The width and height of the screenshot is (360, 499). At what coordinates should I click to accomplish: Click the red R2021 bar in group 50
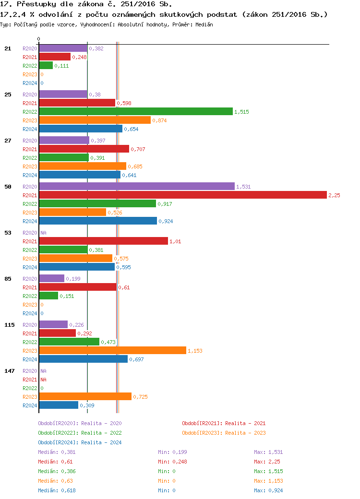(x=182, y=195)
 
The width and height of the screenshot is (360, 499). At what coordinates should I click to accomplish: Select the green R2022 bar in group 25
(x=135, y=111)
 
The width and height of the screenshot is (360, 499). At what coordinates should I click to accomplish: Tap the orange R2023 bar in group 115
(x=112, y=350)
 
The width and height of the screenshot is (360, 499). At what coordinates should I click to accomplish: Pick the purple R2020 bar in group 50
(x=137, y=186)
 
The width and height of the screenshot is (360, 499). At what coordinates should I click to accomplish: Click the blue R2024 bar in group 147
(x=59, y=405)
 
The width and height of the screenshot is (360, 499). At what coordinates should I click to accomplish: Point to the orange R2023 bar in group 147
(x=85, y=396)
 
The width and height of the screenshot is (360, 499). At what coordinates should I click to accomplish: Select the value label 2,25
(x=334, y=195)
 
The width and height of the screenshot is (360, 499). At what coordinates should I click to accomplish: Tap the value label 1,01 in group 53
(x=175, y=241)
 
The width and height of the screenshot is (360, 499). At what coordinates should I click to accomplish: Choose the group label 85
(x=8, y=279)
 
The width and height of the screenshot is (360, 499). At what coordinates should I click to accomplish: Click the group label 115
(x=10, y=325)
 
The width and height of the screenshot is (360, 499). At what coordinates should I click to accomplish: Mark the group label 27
(x=8, y=141)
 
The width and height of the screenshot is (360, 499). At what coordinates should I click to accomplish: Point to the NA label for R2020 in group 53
(x=43, y=233)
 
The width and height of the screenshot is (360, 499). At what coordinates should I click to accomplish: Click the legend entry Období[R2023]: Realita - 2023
(x=224, y=433)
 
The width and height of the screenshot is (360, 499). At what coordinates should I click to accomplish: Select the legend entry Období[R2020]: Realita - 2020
(x=80, y=423)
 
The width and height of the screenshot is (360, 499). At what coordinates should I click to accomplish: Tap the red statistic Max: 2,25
(x=267, y=462)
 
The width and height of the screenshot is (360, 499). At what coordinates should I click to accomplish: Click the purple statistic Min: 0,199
(x=172, y=452)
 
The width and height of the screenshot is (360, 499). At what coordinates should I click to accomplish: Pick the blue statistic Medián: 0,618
(x=57, y=490)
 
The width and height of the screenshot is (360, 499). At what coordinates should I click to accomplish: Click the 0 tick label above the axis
(x=39, y=39)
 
